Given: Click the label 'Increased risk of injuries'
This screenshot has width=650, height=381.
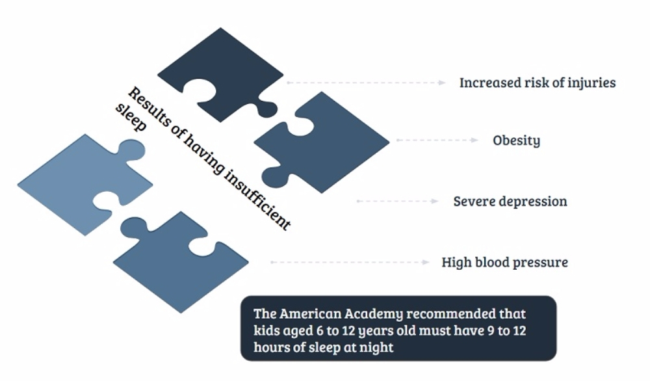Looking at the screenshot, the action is [538, 83].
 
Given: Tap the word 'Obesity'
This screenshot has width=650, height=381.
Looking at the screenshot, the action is [517, 140].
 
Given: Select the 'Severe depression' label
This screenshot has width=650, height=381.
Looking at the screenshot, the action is [510, 202].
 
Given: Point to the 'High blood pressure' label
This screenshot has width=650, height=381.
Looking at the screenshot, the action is [504, 263].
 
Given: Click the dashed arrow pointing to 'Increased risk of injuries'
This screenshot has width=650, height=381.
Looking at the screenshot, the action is [366, 83].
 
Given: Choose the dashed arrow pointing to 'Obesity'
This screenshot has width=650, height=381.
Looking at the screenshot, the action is [437, 140].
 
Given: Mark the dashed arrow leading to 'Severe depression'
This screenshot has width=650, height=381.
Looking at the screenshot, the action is [398, 201].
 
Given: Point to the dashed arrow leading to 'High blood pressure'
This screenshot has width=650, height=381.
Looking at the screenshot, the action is [350, 262].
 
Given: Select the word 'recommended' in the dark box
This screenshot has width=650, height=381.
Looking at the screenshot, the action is [451, 314].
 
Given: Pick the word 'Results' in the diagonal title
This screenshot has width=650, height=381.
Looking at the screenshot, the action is [149, 107].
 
